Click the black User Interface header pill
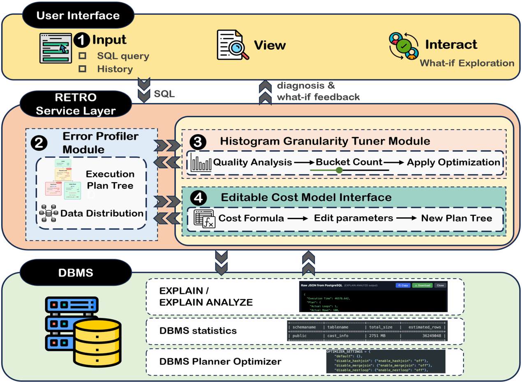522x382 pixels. click(x=78, y=16)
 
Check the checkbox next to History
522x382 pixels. click(x=82, y=69)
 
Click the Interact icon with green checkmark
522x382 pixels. click(x=404, y=46)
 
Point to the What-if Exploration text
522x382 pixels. click(x=467, y=63)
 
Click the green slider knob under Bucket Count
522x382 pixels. click(x=339, y=170)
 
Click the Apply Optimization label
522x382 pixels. click(x=453, y=162)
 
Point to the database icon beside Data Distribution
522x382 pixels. click(x=48, y=214)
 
